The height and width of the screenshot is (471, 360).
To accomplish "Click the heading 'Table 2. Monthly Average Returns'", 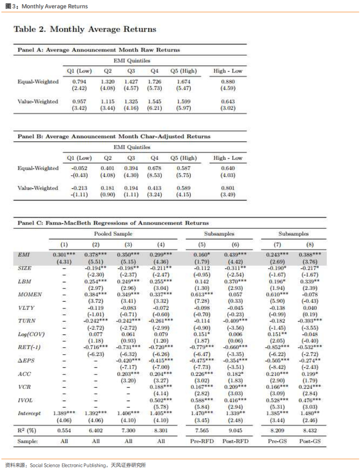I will coord(84,29).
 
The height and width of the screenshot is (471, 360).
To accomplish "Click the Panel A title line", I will coord(99,50).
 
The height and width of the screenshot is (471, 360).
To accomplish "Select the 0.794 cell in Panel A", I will coord(79,82).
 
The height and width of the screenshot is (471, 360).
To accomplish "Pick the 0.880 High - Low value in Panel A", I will coord(227,82).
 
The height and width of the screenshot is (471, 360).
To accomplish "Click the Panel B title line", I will coord(114,137).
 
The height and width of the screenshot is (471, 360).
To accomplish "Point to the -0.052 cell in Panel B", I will coord(79,168).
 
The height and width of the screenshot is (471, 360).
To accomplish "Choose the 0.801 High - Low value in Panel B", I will coord(227,189).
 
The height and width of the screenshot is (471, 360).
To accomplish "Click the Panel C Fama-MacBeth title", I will coord(113,223).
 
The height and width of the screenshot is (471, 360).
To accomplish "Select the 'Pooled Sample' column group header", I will coord(113,233).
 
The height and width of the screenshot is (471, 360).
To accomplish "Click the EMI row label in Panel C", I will coord(24,255).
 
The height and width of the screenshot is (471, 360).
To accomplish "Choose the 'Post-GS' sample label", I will coord(311,441).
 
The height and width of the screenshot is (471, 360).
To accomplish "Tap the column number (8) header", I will coord(311,244).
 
